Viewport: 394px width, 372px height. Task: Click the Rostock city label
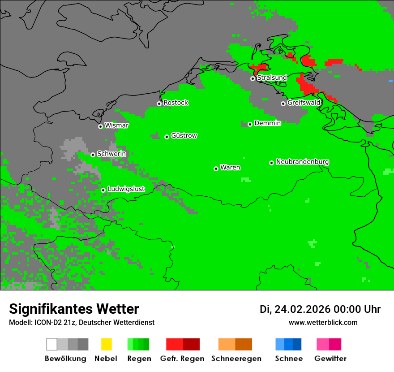coord(176,103)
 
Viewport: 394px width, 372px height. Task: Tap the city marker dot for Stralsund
coord(253,78)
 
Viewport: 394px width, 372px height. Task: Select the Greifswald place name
coord(304,103)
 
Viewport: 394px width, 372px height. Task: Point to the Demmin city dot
coord(250,124)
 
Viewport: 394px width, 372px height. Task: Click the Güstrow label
coord(184,135)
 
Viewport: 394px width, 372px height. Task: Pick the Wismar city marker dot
coord(100,126)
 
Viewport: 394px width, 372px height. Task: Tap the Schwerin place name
coord(111,154)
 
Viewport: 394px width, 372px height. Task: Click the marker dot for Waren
coord(216,169)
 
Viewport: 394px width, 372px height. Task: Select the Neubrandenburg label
coord(302,162)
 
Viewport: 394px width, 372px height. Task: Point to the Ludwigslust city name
coord(126,189)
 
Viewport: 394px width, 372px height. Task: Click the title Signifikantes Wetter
coord(74,309)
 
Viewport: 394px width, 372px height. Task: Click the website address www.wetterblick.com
coord(323,322)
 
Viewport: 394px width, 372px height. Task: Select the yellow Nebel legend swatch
coord(106,344)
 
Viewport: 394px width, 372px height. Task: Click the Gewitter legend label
coord(330,359)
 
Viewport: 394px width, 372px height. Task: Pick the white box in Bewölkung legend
coord(52,344)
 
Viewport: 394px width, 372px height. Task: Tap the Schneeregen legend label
coord(236,359)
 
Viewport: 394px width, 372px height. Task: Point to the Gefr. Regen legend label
coord(182,359)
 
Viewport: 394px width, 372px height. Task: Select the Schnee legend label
coord(288,359)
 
